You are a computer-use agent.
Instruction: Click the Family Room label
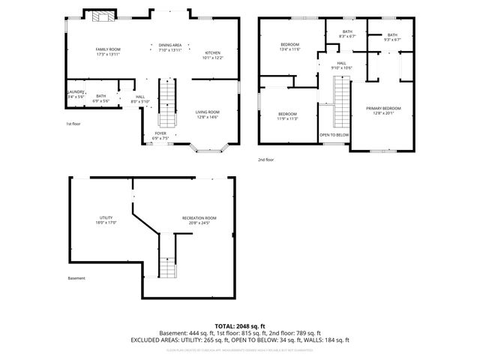[x=108, y=52]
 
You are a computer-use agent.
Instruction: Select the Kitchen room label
[x=214, y=55]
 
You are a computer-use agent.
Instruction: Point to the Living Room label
[x=208, y=114]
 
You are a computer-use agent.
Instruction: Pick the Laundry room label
[x=75, y=94]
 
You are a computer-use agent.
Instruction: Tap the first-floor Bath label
[x=101, y=97]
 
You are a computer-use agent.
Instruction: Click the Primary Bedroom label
[x=383, y=111]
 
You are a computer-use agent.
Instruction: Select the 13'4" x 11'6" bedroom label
[x=289, y=47]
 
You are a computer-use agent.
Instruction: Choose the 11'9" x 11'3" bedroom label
[x=288, y=115]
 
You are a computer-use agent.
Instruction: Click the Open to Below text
[x=334, y=135]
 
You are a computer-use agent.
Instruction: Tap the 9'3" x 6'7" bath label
[x=392, y=37]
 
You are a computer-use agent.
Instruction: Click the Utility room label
[x=105, y=220]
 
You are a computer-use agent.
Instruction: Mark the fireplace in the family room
[x=100, y=17]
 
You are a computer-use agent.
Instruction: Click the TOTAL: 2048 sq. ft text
[x=239, y=325]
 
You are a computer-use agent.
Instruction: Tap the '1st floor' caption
[x=73, y=124]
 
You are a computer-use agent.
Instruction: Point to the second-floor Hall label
[x=341, y=65]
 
